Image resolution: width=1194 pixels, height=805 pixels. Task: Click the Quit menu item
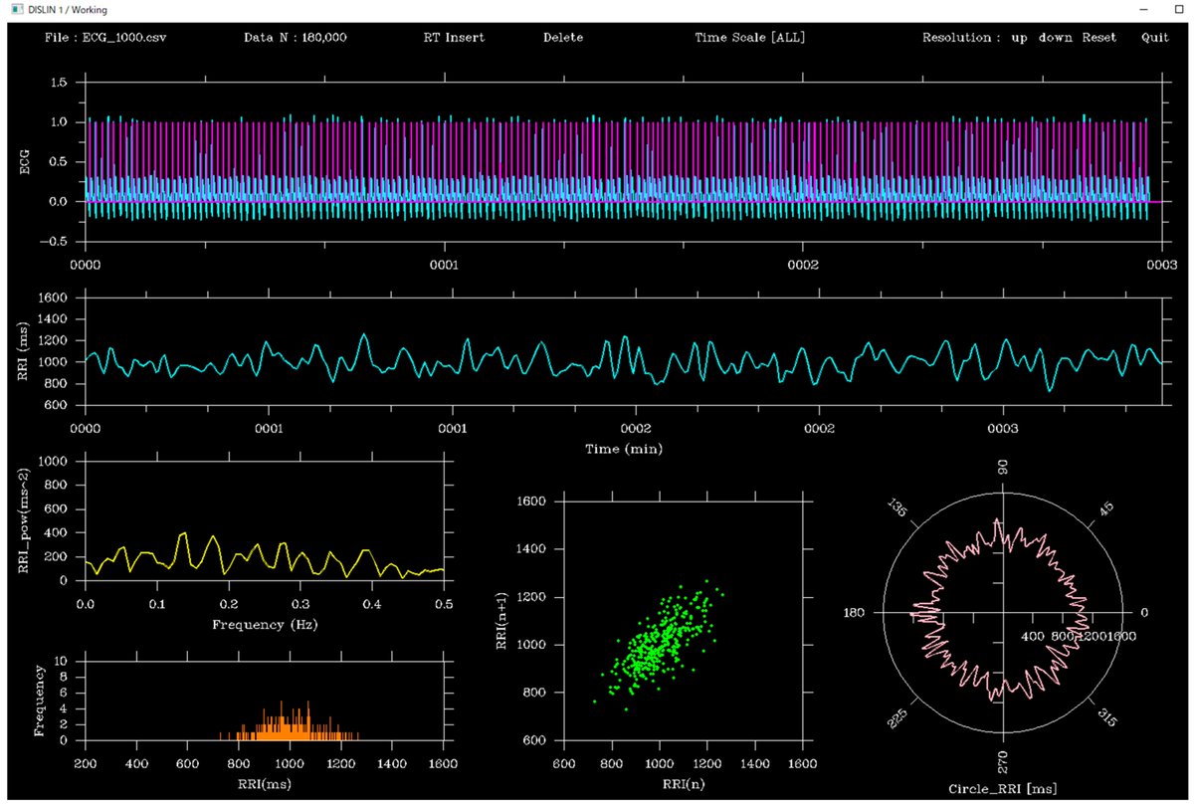point(1155,38)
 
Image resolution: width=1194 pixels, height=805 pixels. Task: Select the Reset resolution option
point(1099,38)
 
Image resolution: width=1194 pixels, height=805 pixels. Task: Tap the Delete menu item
point(563,38)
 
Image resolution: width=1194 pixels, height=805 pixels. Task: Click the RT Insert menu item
point(454,38)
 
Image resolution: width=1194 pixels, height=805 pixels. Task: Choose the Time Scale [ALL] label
point(750,38)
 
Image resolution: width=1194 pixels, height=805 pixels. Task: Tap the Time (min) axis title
point(623,449)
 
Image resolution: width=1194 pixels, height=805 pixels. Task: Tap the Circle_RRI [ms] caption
point(1003,789)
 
